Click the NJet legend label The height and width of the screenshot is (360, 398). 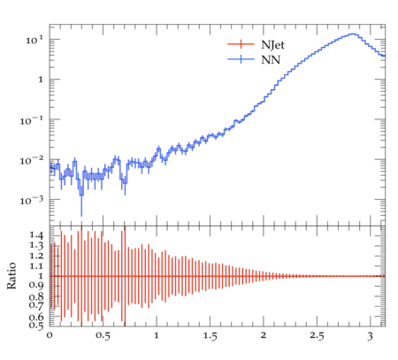(x=272, y=45)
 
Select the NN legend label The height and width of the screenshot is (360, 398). (x=271, y=60)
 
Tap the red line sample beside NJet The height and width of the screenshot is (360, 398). (x=241, y=44)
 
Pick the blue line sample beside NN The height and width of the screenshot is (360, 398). (x=241, y=59)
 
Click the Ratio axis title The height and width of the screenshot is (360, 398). (x=11, y=275)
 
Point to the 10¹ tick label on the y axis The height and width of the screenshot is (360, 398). (x=34, y=40)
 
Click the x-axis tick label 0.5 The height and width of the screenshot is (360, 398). (x=103, y=336)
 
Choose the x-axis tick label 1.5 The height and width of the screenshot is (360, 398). (x=210, y=336)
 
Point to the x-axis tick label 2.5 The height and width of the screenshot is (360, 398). (x=317, y=336)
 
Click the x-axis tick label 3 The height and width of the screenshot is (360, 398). (x=370, y=336)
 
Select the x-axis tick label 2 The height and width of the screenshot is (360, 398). (x=264, y=335)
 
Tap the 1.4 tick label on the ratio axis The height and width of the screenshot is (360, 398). (x=36, y=235)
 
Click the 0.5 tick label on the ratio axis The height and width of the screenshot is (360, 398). (x=36, y=325)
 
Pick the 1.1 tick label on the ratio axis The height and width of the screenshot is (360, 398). (x=36, y=266)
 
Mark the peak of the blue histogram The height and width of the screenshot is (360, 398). (x=353, y=34)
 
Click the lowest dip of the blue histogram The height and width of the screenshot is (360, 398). (x=81, y=195)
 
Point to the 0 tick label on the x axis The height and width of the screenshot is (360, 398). (x=50, y=335)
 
